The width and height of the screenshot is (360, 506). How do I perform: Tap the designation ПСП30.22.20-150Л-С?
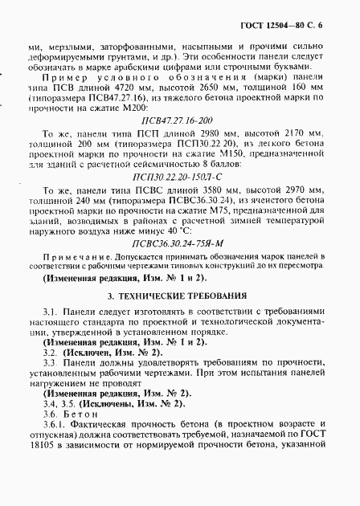(x=179, y=193)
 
